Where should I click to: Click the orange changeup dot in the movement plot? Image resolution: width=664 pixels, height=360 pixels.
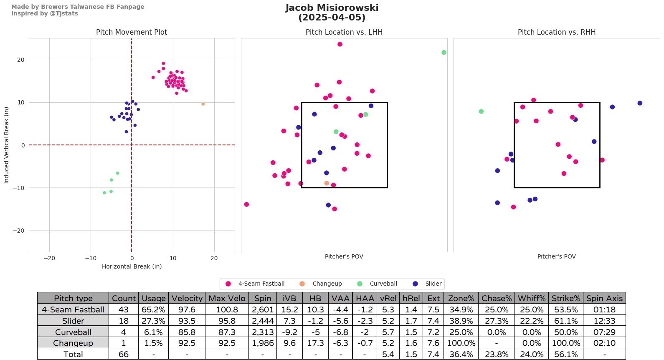coord(203,104)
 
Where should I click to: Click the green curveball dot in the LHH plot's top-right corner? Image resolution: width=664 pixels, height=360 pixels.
coord(444,53)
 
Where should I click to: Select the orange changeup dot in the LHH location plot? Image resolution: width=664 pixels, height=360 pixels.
coord(327,183)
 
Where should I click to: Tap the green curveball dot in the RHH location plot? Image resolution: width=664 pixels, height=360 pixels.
coord(481,112)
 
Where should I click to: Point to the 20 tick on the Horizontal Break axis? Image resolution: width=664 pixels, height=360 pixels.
coord(214,258)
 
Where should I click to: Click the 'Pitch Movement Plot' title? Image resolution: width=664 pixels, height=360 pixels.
coord(132,32)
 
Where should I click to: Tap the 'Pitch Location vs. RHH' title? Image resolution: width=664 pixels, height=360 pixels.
coord(556,32)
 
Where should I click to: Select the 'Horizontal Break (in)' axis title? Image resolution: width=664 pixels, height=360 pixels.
coord(132,266)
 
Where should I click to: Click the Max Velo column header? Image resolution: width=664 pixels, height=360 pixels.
coord(227,298)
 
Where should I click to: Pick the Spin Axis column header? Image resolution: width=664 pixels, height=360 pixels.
coord(604,298)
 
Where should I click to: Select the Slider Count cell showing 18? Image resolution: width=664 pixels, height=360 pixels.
coord(124,321)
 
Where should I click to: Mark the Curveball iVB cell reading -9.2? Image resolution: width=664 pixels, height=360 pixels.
coord(289,332)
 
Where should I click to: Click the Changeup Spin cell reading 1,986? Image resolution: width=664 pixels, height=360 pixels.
coord(263,343)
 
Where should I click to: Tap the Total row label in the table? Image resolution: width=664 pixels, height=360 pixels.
coord(73,354)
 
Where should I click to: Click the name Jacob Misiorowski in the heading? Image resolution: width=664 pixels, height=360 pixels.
coord(332,8)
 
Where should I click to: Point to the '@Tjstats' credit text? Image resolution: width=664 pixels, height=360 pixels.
coord(63,13)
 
